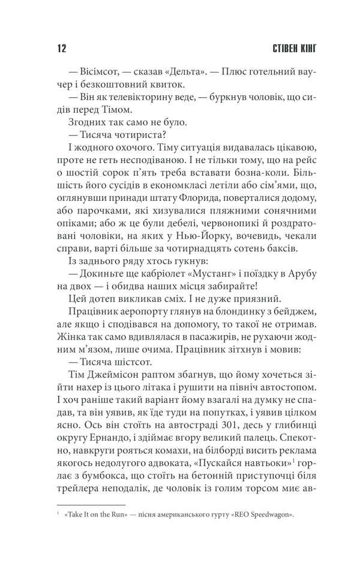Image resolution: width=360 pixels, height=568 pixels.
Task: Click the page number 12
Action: click(x=58, y=49)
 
